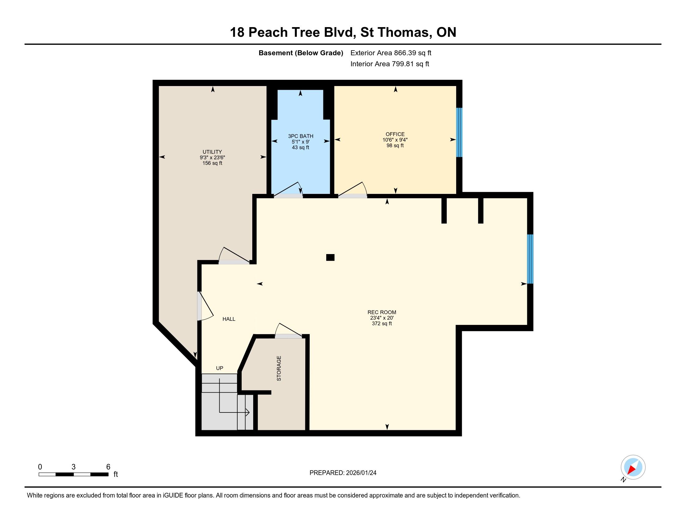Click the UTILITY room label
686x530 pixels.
pos(212,152)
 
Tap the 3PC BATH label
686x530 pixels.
pos(301,136)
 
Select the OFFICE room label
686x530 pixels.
pos(395,134)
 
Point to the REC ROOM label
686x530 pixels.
pos(382,312)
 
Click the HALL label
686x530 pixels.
pos(229,319)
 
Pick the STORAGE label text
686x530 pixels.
pos(279,368)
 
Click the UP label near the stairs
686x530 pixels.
pos(220,368)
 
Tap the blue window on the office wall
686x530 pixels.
pos(459,132)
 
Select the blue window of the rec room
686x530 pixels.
pos(530,259)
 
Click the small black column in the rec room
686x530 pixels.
pos(330,258)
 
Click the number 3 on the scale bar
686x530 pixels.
pos(74,467)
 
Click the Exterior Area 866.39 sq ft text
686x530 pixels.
pos(391,53)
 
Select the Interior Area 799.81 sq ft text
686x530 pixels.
pos(390,64)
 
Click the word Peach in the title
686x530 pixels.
pos(268,32)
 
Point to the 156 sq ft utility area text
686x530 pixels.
pos(212,163)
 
